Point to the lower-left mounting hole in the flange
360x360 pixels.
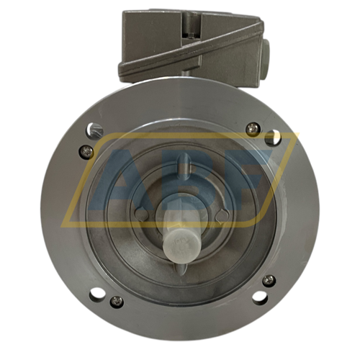96,294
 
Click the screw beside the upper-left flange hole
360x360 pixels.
86,150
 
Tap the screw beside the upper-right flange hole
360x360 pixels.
251,128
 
